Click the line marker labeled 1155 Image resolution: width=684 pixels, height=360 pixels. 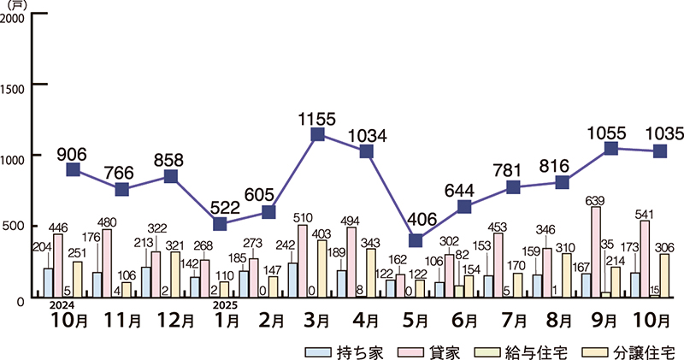pyautogui.click(x=317, y=135)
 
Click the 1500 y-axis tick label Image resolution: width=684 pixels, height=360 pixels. pyautogui.click(x=15, y=86)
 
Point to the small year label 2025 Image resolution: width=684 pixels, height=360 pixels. pyautogui.click(x=224, y=304)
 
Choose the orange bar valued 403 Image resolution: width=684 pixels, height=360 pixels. pyautogui.click(x=322, y=268)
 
